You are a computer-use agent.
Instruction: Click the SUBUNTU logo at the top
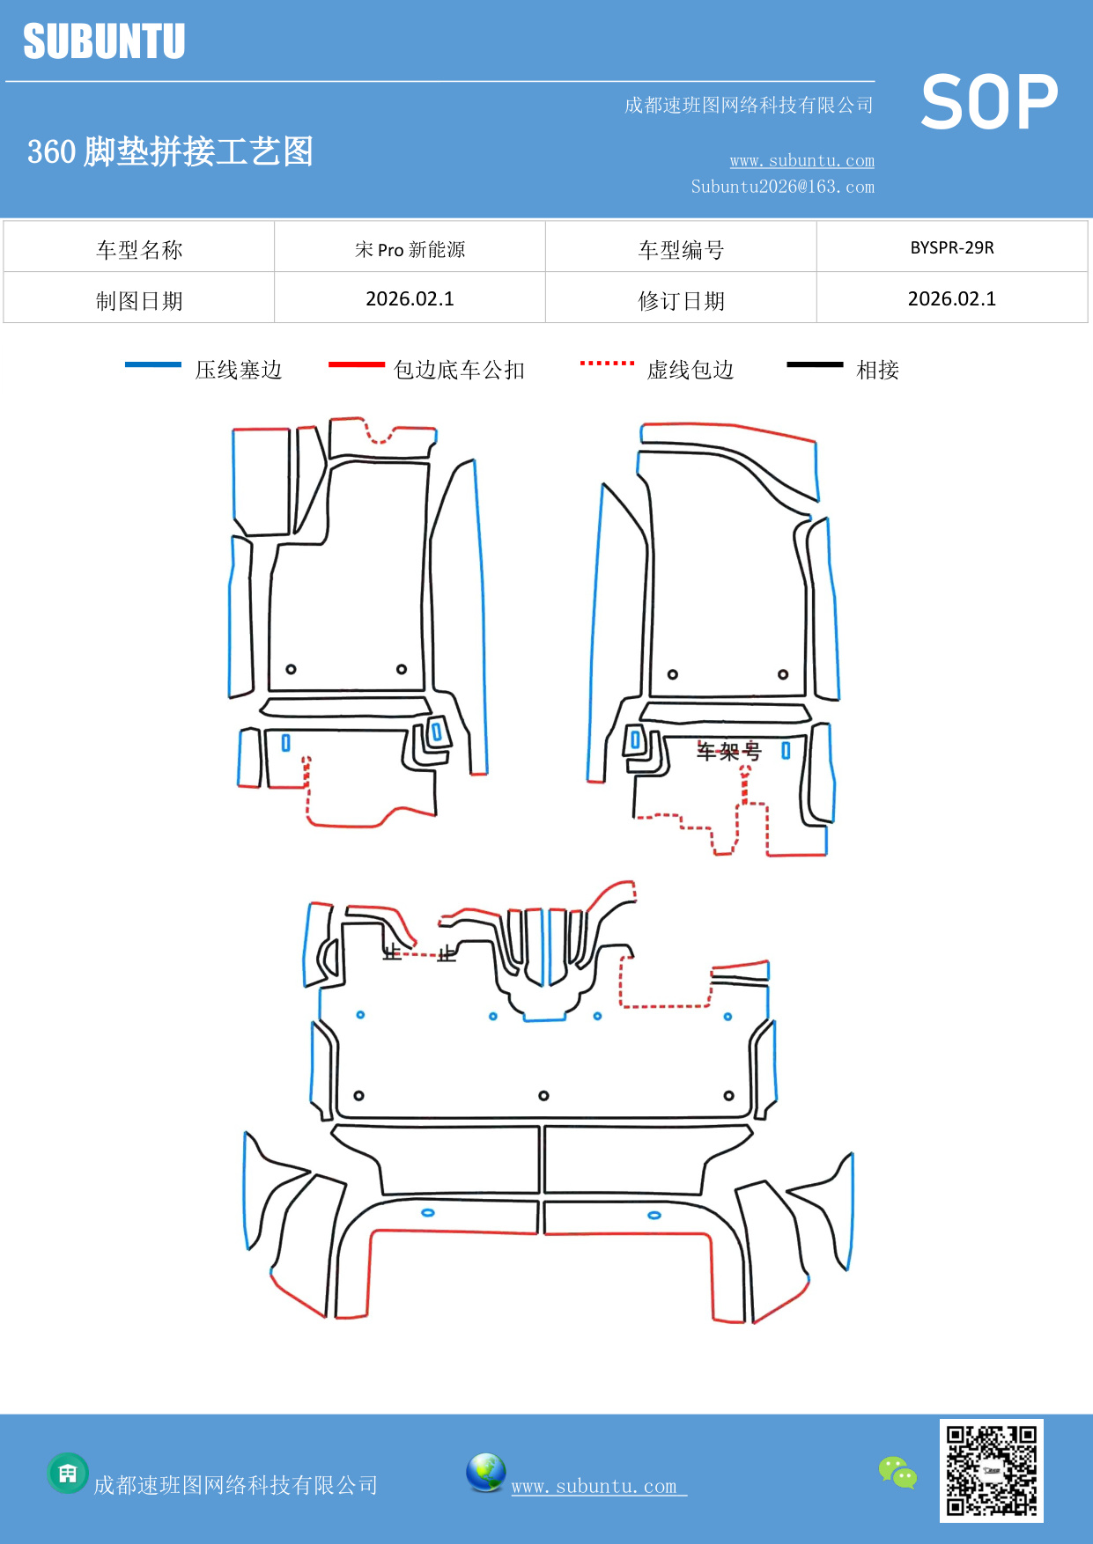[104, 41]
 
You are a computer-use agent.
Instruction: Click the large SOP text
[989, 103]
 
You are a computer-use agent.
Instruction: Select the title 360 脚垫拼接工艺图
[171, 151]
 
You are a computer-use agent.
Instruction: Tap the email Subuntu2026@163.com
[782, 187]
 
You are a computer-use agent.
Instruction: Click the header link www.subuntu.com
[801, 160]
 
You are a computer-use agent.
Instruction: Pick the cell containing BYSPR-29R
[951, 247]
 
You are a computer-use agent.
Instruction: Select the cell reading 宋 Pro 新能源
[410, 249]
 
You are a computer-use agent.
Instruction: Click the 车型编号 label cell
[681, 249]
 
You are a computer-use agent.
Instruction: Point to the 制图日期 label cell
[139, 300]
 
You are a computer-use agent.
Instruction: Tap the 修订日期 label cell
[681, 300]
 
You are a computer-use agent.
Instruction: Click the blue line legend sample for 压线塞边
[153, 364]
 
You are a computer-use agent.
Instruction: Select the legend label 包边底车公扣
[459, 370]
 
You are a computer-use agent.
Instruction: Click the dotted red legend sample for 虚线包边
[607, 363]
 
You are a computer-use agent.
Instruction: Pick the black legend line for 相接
[815, 364]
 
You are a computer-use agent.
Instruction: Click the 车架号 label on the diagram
[728, 752]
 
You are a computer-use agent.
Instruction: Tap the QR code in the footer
[991, 1470]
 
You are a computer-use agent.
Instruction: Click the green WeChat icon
[897, 1472]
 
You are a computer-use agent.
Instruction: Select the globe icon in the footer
[485, 1472]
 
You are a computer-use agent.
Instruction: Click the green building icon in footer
[68, 1473]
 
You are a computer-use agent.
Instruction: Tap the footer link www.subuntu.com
[595, 1486]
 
